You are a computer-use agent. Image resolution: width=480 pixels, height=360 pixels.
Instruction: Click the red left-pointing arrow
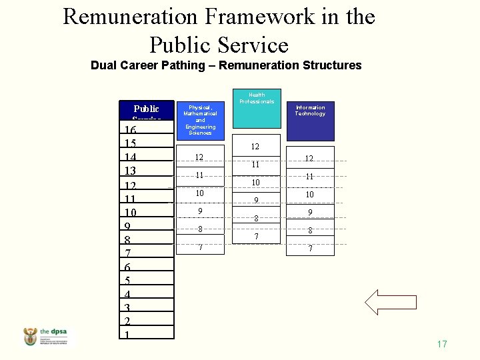pos(391,302)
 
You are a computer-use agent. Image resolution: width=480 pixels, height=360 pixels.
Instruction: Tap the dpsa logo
pos(50,337)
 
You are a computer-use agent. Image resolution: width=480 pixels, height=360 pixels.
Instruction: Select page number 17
pos(441,345)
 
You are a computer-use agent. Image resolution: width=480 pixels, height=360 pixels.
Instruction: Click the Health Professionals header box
pos(257,107)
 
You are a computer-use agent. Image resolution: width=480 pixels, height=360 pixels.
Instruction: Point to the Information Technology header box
pos(310,117)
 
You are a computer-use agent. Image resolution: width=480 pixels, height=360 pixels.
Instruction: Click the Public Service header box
pos(146,110)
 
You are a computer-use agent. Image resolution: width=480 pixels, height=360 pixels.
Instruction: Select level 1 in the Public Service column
pos(127,335)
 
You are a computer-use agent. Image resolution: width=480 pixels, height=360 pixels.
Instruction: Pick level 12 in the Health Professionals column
pos(255,147)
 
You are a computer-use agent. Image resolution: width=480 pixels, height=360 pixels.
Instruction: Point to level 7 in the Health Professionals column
pos(255,236)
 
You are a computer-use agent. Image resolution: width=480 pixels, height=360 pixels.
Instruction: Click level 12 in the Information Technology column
pos(309,159)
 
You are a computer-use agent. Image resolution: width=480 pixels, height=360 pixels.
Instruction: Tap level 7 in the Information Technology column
pos(309,248)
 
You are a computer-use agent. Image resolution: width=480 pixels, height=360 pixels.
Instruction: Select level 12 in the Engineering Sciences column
pos(199,157)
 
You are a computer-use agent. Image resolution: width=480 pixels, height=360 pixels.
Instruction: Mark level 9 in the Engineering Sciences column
pos(199,211)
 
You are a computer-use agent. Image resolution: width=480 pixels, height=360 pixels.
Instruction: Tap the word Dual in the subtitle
pos(103,65)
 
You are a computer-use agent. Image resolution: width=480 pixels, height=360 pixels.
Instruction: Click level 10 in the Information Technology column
pos(309,195)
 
